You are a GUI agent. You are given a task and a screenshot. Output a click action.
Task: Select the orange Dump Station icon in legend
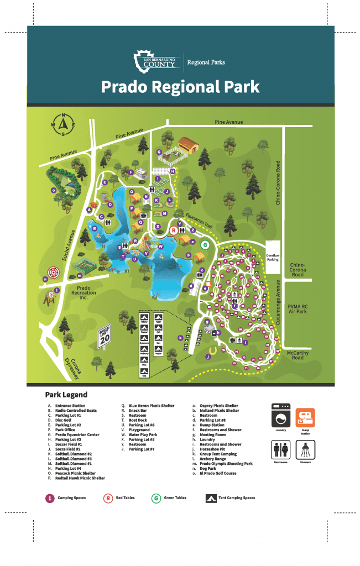coord(305,419)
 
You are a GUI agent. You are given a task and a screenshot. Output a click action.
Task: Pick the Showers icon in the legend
coord(305,450)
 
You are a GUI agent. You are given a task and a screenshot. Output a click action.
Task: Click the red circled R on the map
coord(173,230)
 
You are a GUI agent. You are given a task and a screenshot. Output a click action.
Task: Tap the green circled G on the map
coord(205,244)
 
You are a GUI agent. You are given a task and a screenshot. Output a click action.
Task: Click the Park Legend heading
coord(66,395)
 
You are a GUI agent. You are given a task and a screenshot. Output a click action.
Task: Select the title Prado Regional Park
coord(180,87)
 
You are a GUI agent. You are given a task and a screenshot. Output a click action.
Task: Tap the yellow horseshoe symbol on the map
coord(211,350)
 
